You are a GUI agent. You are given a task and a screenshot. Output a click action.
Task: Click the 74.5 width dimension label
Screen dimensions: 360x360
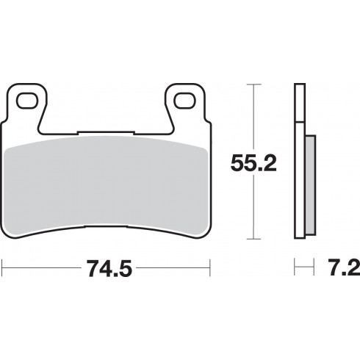click(x=109, y=268)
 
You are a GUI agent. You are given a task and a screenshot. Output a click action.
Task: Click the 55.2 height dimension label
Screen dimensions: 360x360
click(x=253, y=162)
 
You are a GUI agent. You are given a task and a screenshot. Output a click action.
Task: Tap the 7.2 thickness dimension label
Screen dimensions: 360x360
click(x=344, y=268)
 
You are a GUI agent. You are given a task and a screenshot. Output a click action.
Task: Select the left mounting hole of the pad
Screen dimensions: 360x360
click(x=27, y=101)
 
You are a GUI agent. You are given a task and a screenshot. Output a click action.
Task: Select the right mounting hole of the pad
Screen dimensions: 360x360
click(x=185, y=101)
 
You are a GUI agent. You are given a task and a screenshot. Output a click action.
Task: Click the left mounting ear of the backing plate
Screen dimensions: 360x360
click(x=26, y=104)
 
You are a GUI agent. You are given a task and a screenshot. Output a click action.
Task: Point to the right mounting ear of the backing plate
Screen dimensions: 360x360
click(x=186, y=104)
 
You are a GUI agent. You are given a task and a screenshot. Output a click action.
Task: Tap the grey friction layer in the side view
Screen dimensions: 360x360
click(x=311, y=185)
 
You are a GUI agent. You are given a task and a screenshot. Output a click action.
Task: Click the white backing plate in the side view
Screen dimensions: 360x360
click(x=300, y=161)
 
